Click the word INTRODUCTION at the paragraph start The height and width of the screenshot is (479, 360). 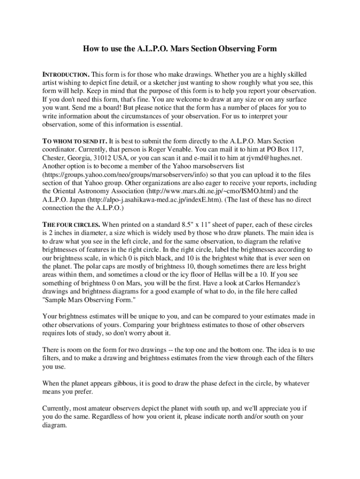coord(66,75)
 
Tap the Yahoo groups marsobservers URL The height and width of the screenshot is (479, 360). coord(117,174)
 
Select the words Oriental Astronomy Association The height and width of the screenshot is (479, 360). coord(94,191)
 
